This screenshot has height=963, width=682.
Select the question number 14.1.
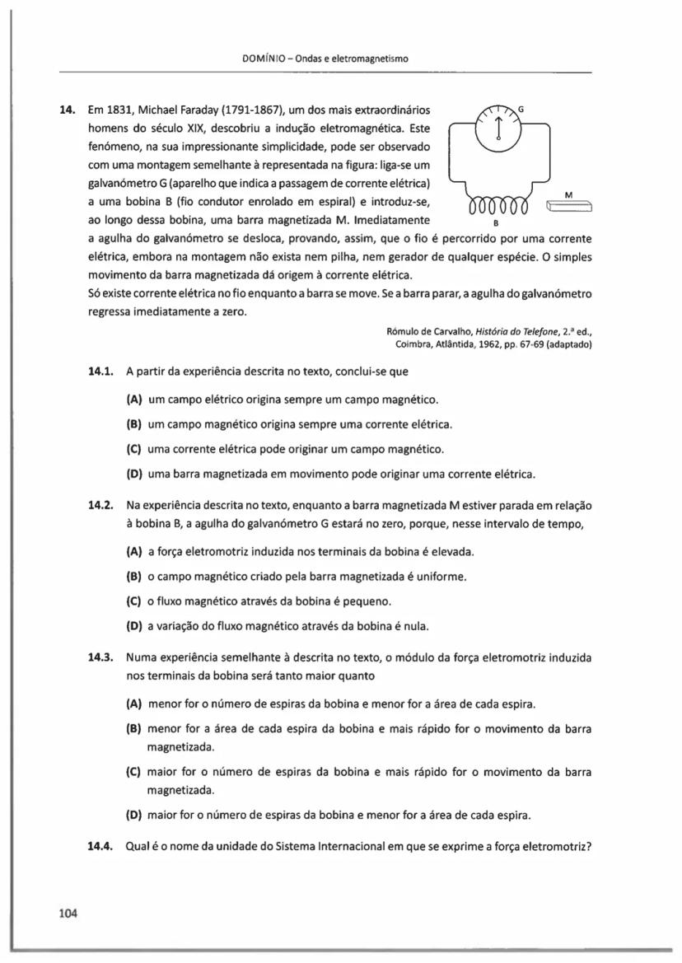(100, 372)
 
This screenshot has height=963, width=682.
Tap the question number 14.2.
(100, 504)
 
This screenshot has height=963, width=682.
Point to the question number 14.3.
(100, 658)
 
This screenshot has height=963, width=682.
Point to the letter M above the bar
(568, 194)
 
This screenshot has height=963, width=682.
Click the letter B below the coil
(495, 223)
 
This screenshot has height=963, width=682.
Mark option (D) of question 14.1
(133, 474)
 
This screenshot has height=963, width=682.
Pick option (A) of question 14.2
(133, 551)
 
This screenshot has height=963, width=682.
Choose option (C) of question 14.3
(133, 773)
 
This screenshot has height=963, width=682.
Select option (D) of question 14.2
(133, 626)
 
